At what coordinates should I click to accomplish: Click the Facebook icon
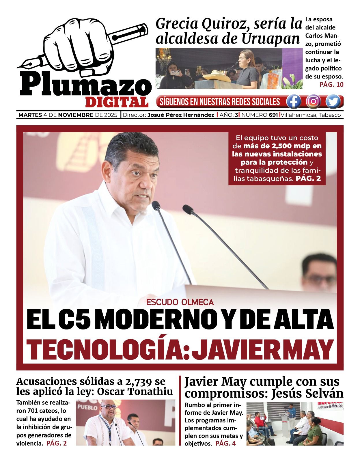[x=293, y=102]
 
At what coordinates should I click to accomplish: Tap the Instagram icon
[x=314, y=102]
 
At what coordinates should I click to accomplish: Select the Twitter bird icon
[x=334, y=102]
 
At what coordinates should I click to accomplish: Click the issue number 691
[x=273, y=115]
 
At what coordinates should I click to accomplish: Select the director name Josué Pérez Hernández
[x=181, y=115]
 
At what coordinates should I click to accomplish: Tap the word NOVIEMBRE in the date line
[x=76, y=115]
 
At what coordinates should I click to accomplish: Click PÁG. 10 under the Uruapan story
[x=331, y=85]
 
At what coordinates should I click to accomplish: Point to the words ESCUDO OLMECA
[x=180, y=302]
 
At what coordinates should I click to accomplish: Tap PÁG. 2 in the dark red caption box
[x=308, y=178]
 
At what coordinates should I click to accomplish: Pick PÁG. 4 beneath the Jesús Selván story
[x=225, y=443]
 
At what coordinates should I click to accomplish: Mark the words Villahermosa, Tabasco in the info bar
[x=311, y=115]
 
